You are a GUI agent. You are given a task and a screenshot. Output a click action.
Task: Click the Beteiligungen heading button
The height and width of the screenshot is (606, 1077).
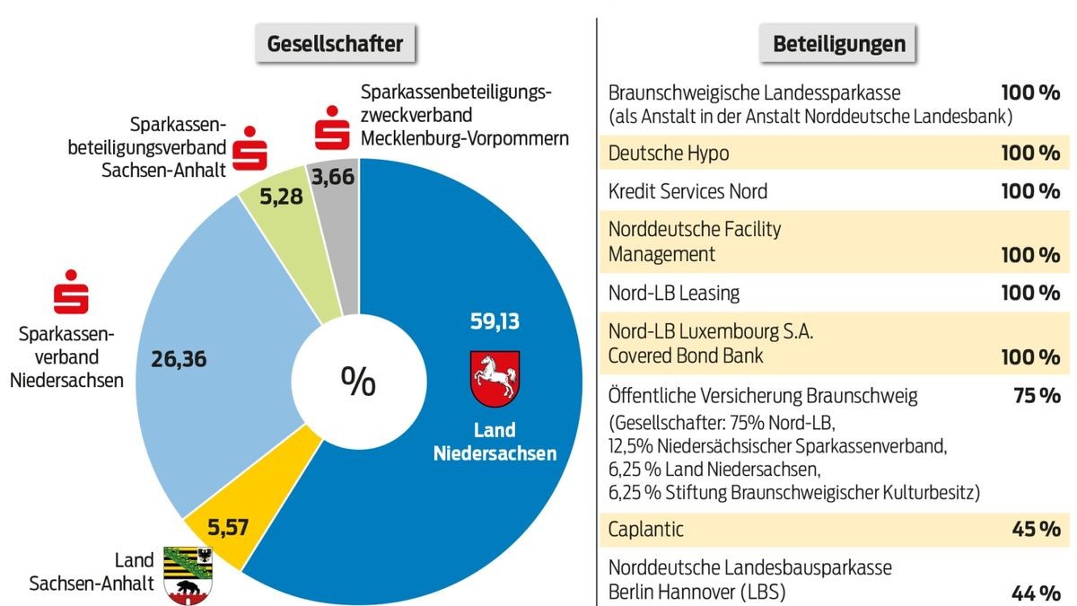(x=838, y=42)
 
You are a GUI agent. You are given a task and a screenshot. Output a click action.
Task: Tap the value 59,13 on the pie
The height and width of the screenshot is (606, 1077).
(x=495, y=320)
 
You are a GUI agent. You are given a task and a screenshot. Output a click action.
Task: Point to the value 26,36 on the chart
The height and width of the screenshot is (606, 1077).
(x=179, y=359)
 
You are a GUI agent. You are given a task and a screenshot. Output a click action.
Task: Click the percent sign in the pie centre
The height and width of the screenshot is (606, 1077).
(x=358, y=382)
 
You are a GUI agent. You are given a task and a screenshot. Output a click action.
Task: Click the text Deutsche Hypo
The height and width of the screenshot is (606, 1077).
(x=668, y=154)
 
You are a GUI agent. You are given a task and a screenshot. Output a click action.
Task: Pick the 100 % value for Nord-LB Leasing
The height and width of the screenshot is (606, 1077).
(x=1030, y=293)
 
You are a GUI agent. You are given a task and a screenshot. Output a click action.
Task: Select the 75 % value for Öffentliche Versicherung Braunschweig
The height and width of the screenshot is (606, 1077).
(x=1037, y=395)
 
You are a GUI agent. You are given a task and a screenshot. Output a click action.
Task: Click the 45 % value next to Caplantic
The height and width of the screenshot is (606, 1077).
(x=1037, y=529)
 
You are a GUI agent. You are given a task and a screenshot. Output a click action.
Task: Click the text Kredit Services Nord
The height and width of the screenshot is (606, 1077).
(x=687, y=191)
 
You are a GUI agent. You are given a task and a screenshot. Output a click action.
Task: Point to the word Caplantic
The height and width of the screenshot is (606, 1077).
(x=645, y=529)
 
